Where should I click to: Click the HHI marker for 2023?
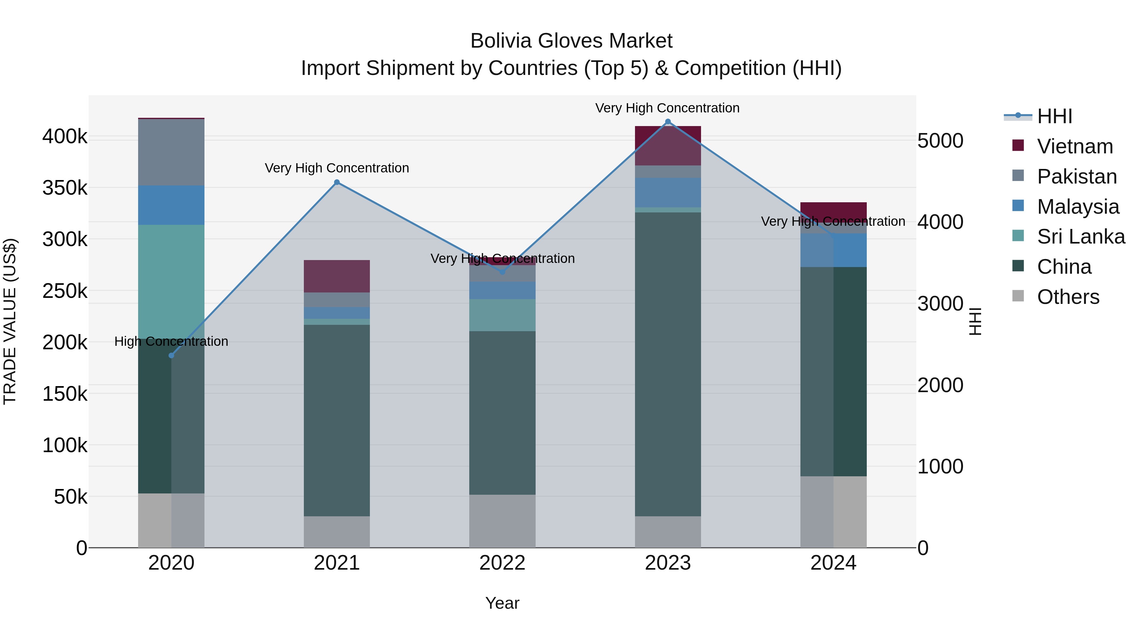[668, 122]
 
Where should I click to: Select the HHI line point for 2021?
[337, 182]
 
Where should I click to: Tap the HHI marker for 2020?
[171, 355]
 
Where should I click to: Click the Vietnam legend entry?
[1075, 146]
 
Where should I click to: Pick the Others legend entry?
[1068, 297]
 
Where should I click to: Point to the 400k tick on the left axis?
[65, 137]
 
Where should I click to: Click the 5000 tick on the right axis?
[940, 141]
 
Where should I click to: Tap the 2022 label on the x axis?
[502, 563]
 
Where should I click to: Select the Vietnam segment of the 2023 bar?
[668, 145]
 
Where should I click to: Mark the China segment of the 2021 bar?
[337, 420]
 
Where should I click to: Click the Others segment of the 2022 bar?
[502, 521]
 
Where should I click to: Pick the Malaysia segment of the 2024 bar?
[833, 250]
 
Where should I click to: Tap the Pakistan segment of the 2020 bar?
[171, 152]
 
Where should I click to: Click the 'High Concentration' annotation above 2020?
[171, 341]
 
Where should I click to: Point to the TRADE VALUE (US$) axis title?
[10, 321]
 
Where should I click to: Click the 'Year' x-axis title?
[502, 603]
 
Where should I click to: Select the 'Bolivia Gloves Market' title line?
[571, 41]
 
